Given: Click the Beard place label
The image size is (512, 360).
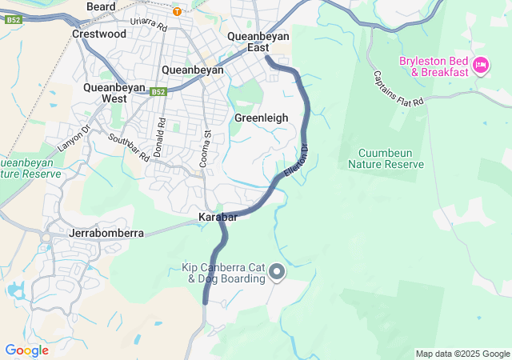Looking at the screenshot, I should pyautogui.click(x=100, y=6).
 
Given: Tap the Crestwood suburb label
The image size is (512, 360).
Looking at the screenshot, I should pyautogui.click(x=99, y=34).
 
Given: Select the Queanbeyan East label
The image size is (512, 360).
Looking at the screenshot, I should pyautogui.click(x=258, y=42).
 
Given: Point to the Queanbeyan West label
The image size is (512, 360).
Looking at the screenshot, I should pyautogui.click(x=113, y=92).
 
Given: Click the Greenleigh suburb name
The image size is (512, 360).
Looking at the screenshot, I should pyautogui.click(x=261, y=118).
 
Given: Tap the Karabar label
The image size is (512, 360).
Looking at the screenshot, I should pyautogui.click(x=216, y=217).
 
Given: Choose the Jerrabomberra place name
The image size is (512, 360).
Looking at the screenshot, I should pyautogui.click(x=107, y=233).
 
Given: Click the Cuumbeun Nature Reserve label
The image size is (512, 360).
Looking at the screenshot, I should pyautogui.click(x=385, y=158).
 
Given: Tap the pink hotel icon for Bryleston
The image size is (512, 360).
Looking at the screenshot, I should pyautogui.click(x=480, y=65).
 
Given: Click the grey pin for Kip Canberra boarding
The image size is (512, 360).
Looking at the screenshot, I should pyautogui.click(x=277, y=273).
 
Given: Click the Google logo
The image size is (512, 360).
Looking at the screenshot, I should pyautogui.click(x=26, y=350).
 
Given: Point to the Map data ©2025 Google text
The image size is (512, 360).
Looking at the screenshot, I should pyautogui.click(x=462, y=354).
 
